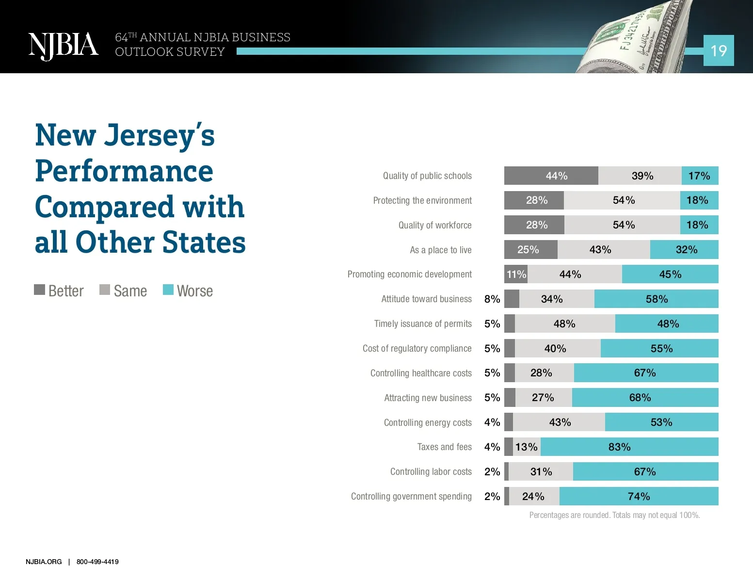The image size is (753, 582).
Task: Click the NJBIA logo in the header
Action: [63, 46]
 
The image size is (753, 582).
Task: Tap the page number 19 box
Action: [718, 50]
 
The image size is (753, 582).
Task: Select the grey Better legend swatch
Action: [39, 290]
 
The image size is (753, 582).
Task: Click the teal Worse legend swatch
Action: [168, 290]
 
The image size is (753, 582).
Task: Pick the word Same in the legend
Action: [130, 291]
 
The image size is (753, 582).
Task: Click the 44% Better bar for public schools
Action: [551, 176]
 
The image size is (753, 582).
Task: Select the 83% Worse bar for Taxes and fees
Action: [629, 447]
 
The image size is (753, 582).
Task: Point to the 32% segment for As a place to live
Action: [684, 250]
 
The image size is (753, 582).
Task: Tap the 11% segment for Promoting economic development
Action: [516, 275]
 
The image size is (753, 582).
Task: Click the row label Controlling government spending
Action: [411, 496]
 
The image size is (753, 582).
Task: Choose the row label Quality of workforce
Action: [435, 225]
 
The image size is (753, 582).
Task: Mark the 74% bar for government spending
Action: [639, 496]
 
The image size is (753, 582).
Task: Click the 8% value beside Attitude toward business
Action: [492, 299]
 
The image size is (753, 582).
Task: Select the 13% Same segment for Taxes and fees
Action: [527, 447]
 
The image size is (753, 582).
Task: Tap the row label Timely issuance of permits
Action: [423, 323]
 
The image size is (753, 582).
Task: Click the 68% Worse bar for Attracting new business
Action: [644, 398]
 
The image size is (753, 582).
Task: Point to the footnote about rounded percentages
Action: [614, 515]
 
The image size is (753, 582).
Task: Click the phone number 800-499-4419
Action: [97, 562]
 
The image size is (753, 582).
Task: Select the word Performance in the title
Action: [124, 171]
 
